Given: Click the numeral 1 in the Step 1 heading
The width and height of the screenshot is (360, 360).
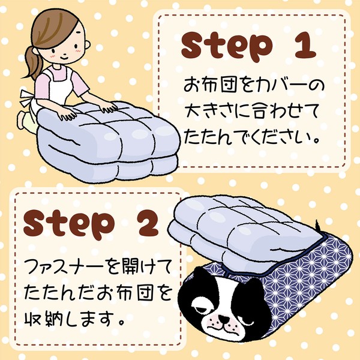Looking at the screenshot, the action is click(305, 46).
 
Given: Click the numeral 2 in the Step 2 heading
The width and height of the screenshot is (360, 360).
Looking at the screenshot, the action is click(146, 223).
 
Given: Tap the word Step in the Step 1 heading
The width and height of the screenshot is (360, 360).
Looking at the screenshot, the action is click(227, 47).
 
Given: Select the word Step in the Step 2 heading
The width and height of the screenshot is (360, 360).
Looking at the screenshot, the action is click(69, 224).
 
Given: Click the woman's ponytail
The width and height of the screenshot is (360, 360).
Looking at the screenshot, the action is click(33, 62).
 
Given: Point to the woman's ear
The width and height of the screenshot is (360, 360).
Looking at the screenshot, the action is click(87, 44).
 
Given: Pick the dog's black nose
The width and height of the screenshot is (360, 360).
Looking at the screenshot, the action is click(223, 318).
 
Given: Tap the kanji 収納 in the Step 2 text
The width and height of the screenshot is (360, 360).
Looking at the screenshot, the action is click(44, 319).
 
